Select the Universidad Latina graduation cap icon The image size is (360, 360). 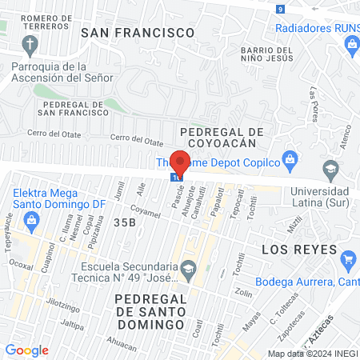(330, 170)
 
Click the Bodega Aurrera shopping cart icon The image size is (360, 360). (347, 259)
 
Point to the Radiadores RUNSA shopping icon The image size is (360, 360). (352, 45)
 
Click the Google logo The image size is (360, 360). (26, 350)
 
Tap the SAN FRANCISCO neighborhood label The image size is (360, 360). (138, 33)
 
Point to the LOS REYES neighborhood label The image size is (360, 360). (299, 250)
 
